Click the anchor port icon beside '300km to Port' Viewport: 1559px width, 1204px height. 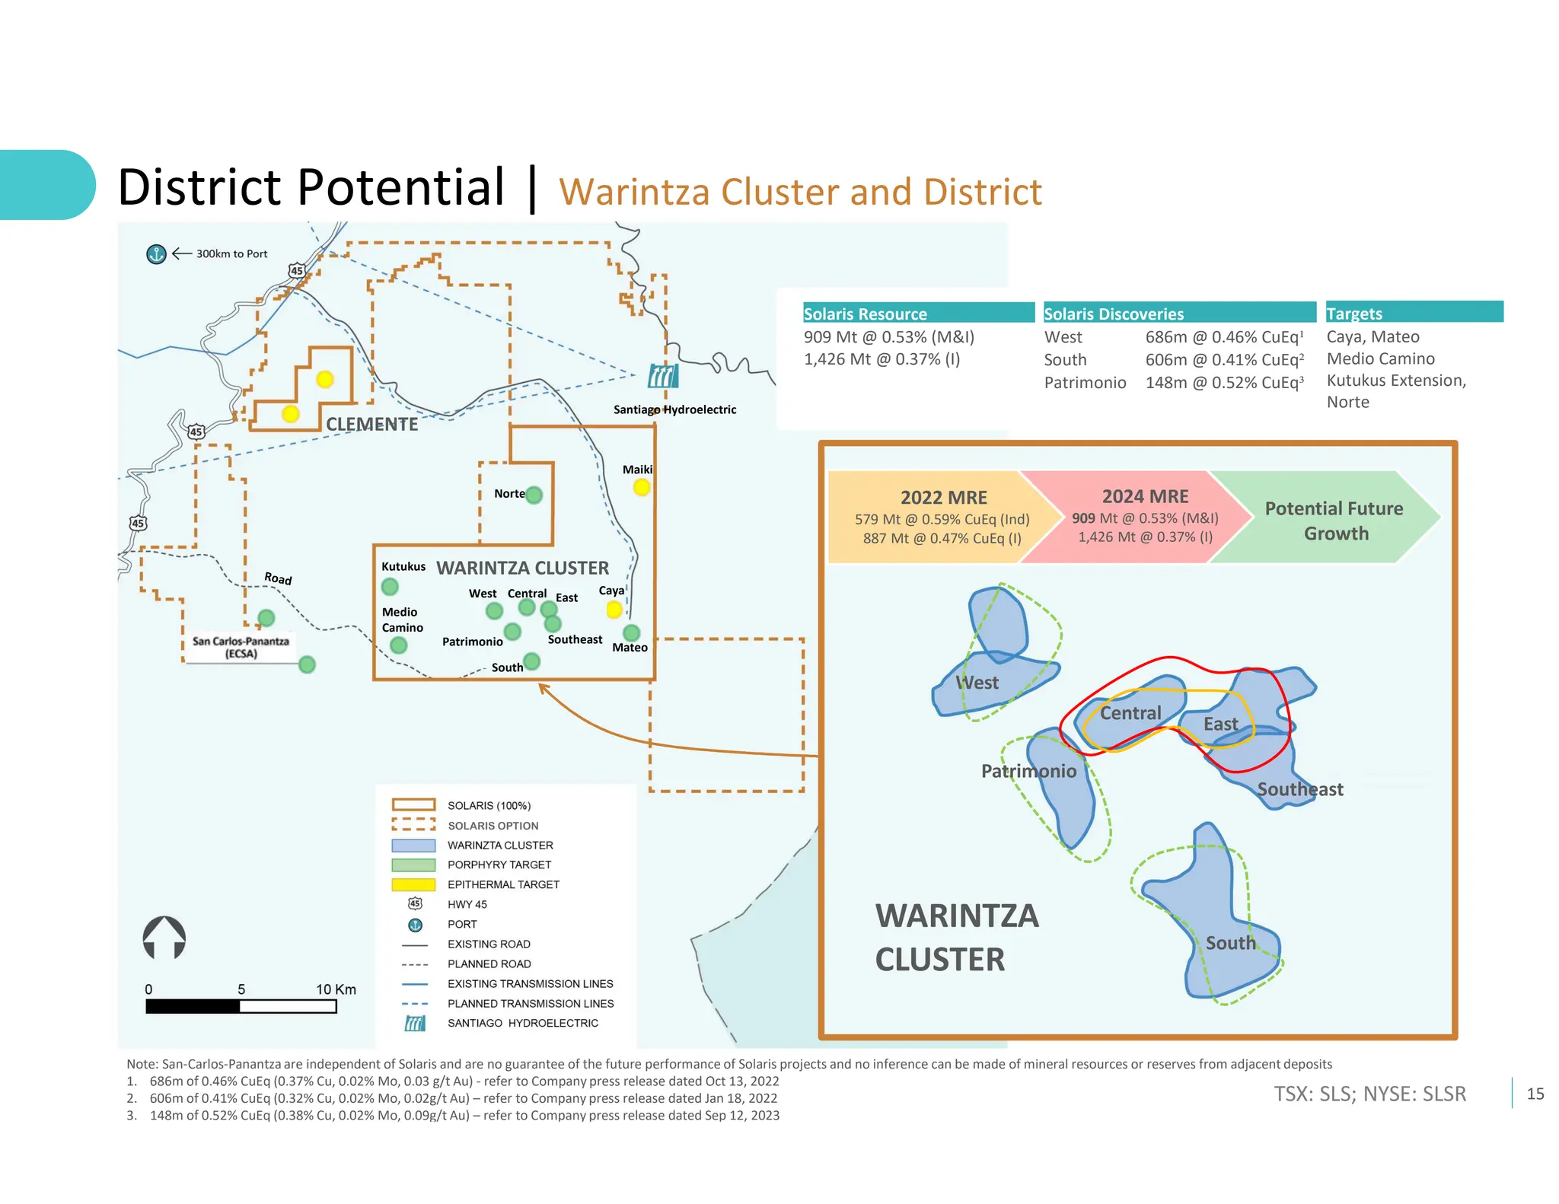coord(156,254)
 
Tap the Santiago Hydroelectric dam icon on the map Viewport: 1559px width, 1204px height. coord(662,376)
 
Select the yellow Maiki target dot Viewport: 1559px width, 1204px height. coord(642,487)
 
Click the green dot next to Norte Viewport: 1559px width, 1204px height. coord(534,495)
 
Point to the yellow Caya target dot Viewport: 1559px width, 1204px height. coord(614,610)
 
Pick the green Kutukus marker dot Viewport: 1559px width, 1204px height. coord(390,587)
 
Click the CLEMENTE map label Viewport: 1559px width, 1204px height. coord(371,424)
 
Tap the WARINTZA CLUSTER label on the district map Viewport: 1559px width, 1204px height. coord(522,568)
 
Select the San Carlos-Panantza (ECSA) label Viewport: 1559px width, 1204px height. coord(241,647)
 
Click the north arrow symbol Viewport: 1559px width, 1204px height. coord(164,938)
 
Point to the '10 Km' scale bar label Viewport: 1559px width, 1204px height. coord(336,989)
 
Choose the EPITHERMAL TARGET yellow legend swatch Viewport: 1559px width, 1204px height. coord(413,884)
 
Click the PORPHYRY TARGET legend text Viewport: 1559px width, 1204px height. coord(499,865)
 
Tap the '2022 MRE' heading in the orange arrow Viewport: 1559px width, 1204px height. coord(943,498)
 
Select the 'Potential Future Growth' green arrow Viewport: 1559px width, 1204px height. coord(1334,521)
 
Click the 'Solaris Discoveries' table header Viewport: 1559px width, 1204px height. coord(1113,314)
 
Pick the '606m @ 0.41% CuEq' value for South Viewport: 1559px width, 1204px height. coord(1224,360)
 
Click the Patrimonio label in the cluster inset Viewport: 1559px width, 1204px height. coord(1028,771)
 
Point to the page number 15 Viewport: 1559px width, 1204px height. coord(1535,1094)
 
